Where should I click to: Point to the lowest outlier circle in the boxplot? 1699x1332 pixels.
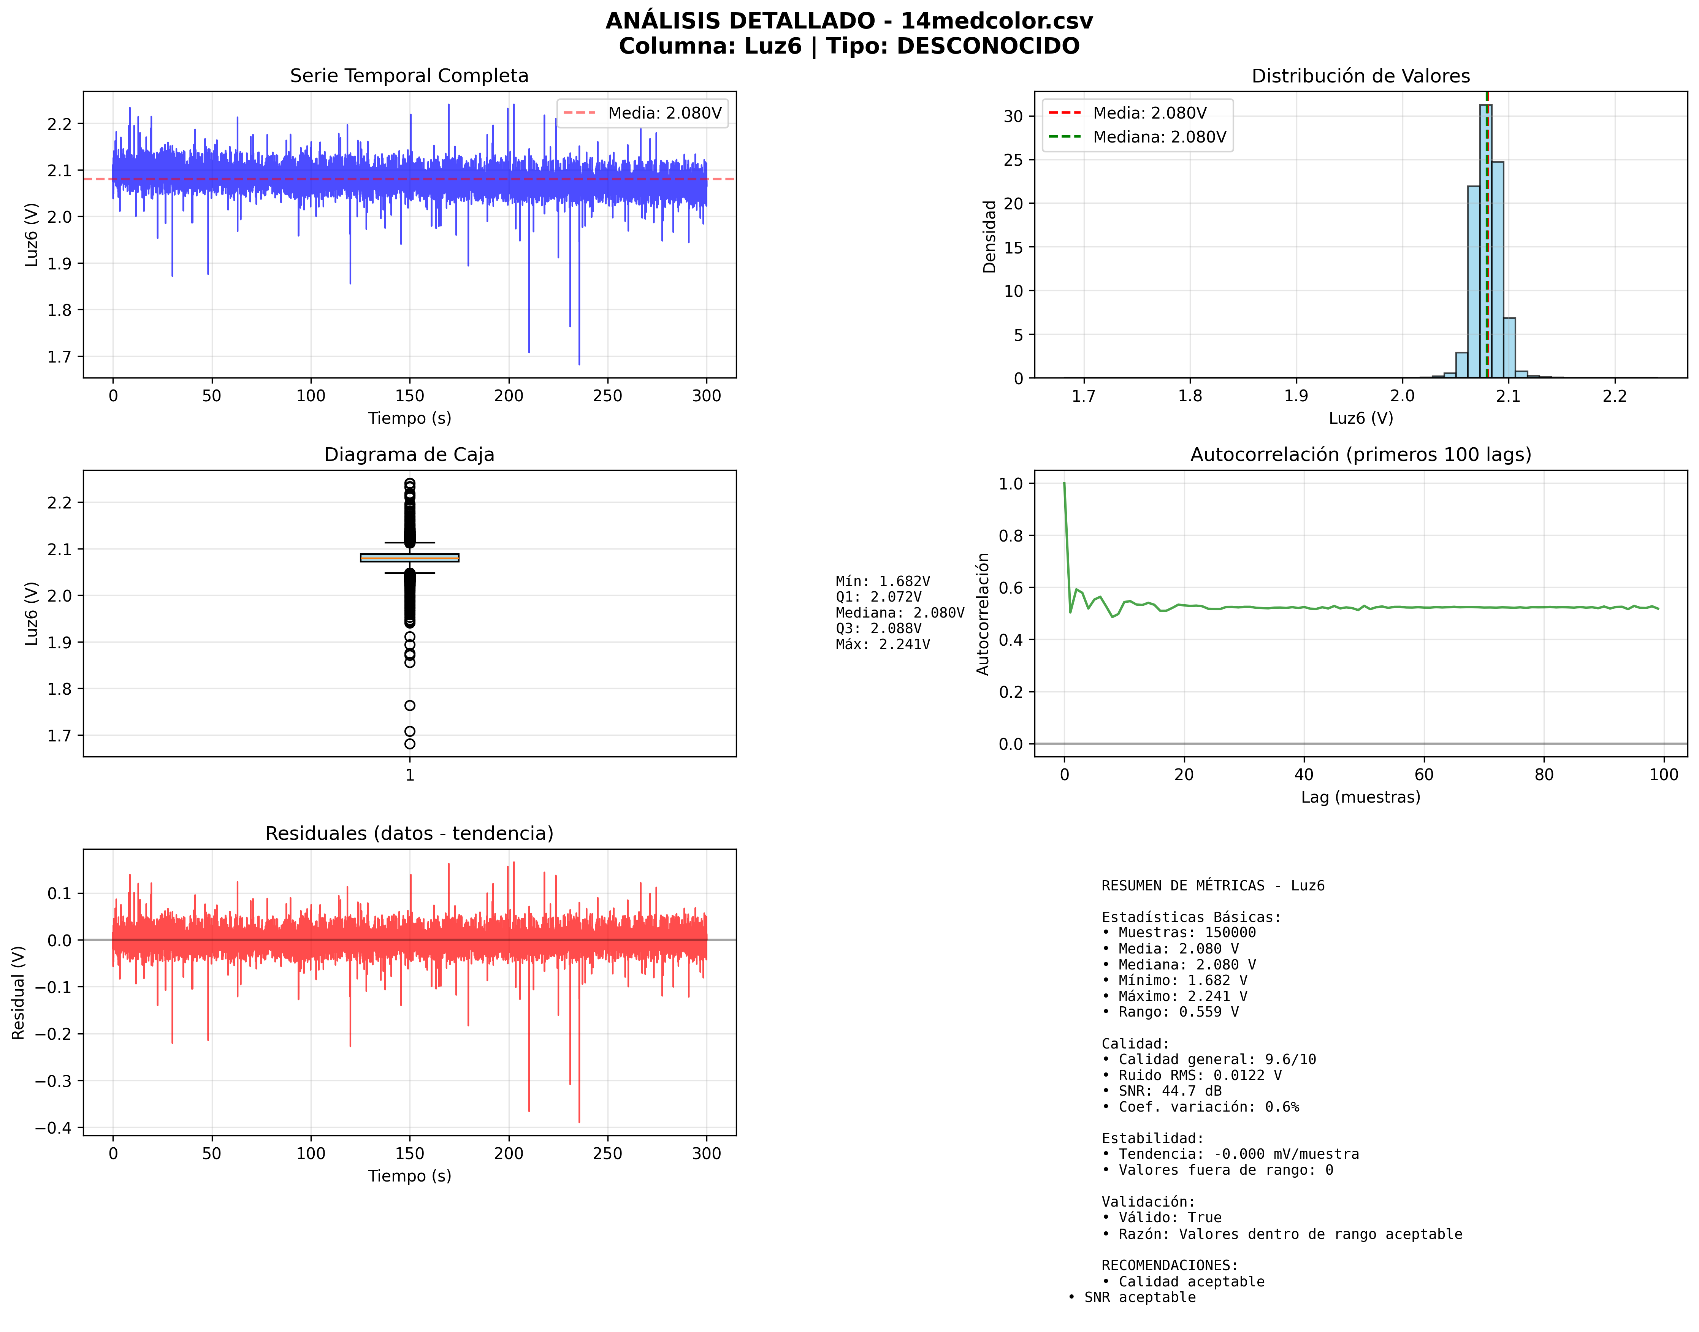click(x=409, y=744)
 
